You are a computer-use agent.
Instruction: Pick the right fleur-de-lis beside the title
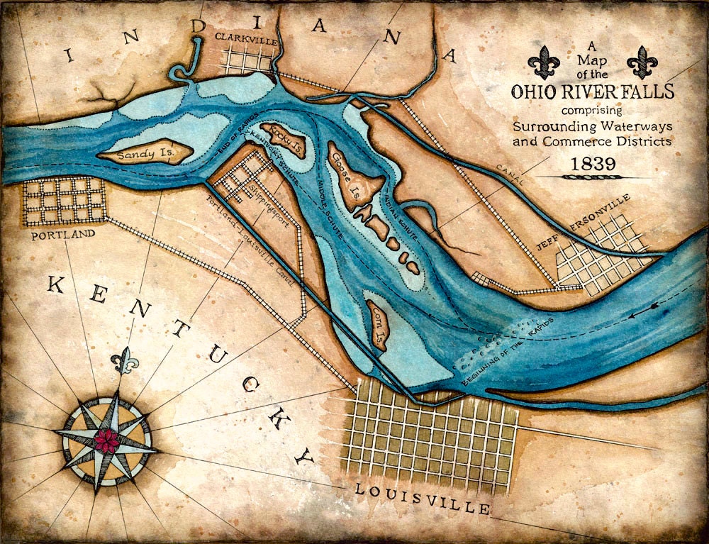tap(642, 62)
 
